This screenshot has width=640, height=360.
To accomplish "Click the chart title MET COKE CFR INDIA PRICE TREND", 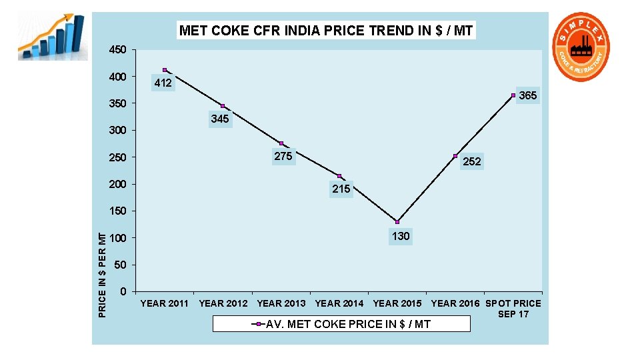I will click(326, 31).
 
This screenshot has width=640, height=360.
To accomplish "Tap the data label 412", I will click(163, 83).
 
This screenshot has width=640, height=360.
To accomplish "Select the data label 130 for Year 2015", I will click(401, 236).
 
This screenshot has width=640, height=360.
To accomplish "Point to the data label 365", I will click(528, 96).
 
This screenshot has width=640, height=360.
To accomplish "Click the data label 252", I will click(471, 161).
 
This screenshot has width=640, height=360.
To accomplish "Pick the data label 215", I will click(341, 189).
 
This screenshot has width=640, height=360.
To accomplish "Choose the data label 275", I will click(283, 157).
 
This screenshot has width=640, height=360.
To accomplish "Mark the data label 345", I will click(219, 119).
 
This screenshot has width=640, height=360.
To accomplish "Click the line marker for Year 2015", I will click(397, 221).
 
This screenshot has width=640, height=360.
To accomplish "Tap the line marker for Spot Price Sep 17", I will click(513, 95).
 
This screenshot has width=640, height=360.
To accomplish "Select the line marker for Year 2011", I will click(165, 70).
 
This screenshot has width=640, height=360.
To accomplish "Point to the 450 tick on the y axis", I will click(117, 50).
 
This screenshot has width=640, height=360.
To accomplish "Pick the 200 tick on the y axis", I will click(117, 184).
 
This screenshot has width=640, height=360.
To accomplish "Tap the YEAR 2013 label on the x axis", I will click(281, 303).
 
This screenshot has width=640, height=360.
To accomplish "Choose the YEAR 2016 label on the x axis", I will click(455, 303).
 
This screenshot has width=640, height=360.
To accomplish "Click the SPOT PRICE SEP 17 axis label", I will click(513, 308).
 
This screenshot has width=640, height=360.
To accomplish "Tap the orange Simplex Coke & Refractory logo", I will click(582, 48).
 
